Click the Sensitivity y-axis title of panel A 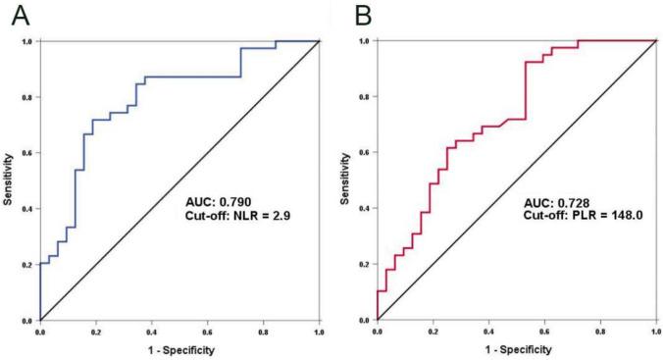click(x=9, y=181)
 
